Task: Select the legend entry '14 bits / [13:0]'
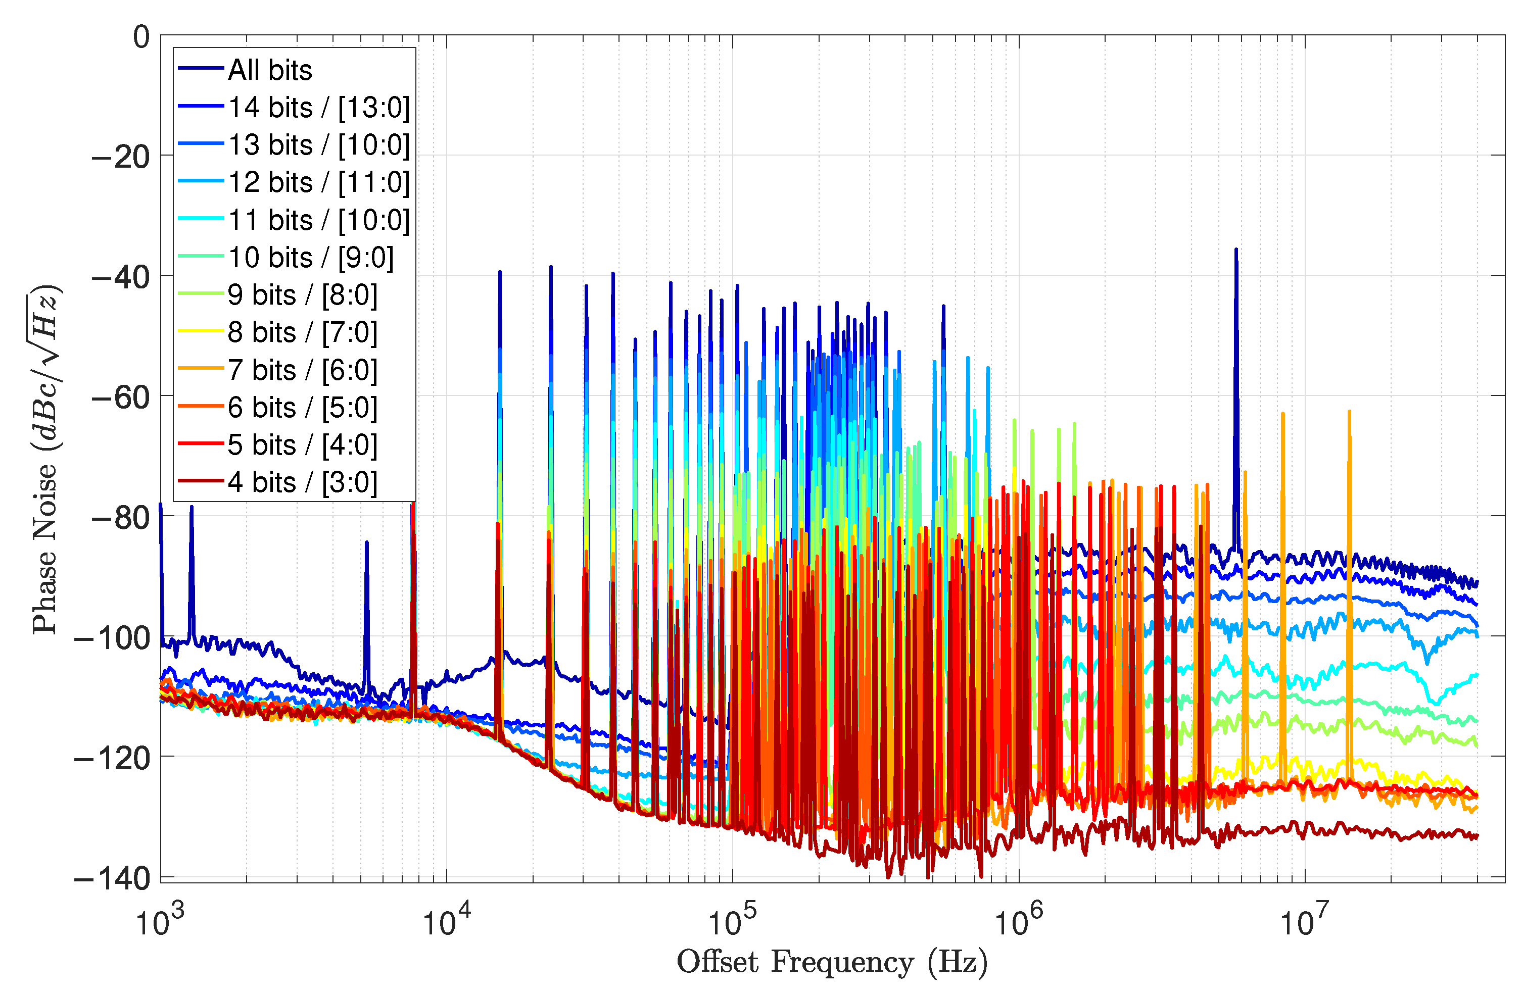click(x=318, y=108)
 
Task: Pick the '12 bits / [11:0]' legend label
click(x=318, y=182)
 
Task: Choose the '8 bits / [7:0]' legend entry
click(x=302, y=332)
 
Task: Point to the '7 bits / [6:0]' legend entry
click(x=302, y=370)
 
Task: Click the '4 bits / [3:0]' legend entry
click(x=302, y=482)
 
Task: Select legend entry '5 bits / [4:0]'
click(x=302, y=445)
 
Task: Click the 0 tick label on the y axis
click(x=141, y=37)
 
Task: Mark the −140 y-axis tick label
click(x=113, y=879)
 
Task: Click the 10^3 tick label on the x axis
click(x=160, y=922)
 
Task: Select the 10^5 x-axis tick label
click(x=732, y=922)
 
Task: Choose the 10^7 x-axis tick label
click(x=1304, y=922)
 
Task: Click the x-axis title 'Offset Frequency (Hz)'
click(x=832, y=962)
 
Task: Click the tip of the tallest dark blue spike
click(x=1236, y=249)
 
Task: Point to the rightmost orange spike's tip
click(x=1349, y=412)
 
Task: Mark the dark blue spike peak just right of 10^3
click(x=191, y=507)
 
